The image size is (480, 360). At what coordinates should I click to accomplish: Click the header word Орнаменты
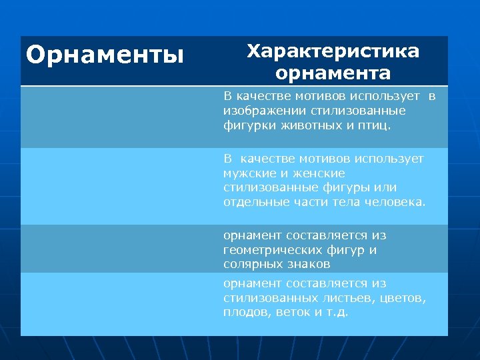tap(105, 54)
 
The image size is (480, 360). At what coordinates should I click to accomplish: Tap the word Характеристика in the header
tap(333, 51)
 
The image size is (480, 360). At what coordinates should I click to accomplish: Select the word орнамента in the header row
tap(333, 72)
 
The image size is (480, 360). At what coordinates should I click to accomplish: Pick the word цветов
tap(402, 298)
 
